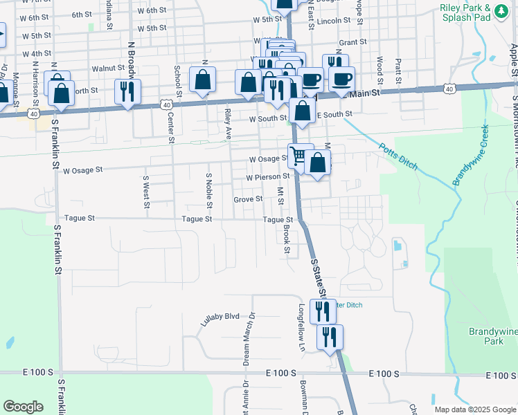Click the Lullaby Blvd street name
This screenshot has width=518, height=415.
[x=220, y=320]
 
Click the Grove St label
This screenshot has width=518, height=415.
[x=248, y=199]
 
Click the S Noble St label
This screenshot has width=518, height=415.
[x=208, y=190]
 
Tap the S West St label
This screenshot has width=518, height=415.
[x=146, y=187]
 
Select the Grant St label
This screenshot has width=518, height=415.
[x=352, y=42]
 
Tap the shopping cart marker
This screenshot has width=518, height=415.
[x=298, y=155]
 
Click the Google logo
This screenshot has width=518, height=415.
[x=23, y=407]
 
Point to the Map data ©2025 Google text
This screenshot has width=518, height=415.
[x=474, y=409]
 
